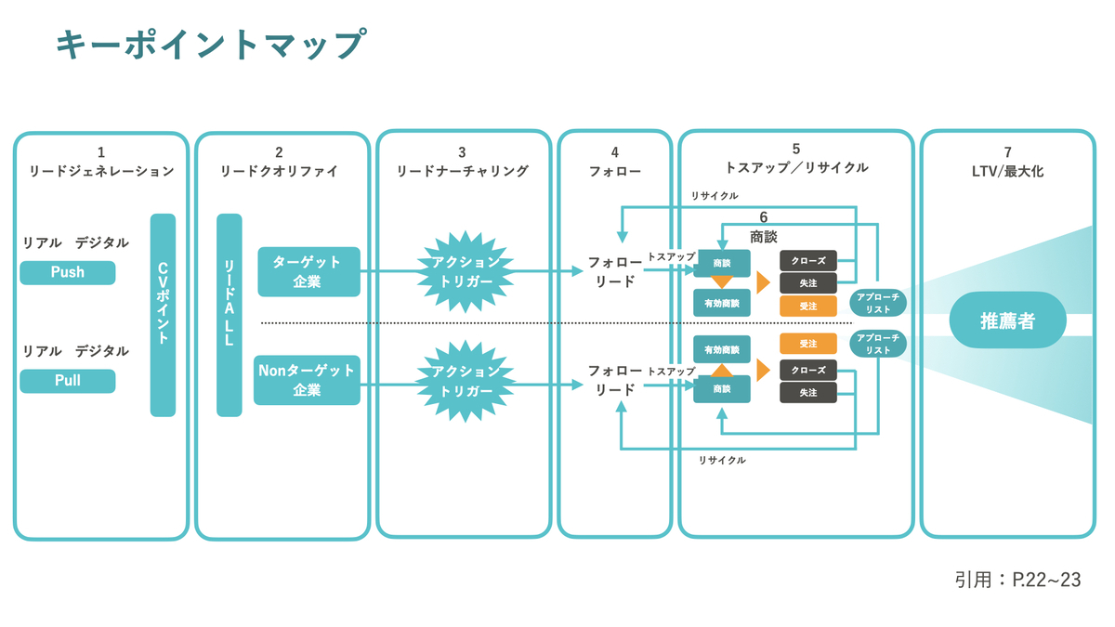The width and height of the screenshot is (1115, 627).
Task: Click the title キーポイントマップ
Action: coord(211,44)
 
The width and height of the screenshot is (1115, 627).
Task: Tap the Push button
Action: coord(68,272)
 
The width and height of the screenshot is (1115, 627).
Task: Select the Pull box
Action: coord(68,381)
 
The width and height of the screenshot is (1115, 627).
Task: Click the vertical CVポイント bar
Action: coord(163,315)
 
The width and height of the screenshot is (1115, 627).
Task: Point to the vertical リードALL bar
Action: coord(229,315)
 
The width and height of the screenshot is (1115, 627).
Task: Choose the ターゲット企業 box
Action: coord(308,271)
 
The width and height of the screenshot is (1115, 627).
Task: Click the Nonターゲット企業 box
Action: coord(307,380)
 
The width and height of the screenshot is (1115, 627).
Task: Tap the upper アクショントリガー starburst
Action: coord(466,271)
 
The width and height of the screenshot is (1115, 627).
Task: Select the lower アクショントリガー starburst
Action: coord(466,381)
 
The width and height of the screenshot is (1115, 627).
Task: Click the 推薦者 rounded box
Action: coord(1008,320)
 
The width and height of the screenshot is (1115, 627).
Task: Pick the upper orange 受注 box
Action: coord(807,306)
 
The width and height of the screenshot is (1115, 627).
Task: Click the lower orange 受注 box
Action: coord(807,344)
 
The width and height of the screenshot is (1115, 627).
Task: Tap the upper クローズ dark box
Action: coord(807,261)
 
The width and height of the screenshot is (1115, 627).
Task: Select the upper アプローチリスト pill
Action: coord(877,303)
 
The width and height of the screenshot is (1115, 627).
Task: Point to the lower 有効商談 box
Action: coord(722,349)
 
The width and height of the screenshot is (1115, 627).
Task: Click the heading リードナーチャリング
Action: coord(462,171)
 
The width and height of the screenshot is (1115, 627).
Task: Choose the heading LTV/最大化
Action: coord(1007,171)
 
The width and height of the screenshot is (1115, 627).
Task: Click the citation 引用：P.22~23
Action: coord(1018,580)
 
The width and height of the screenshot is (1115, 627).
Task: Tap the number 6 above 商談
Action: coord(764,217)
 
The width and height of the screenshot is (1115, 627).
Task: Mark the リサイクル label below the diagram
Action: coord(722,461)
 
